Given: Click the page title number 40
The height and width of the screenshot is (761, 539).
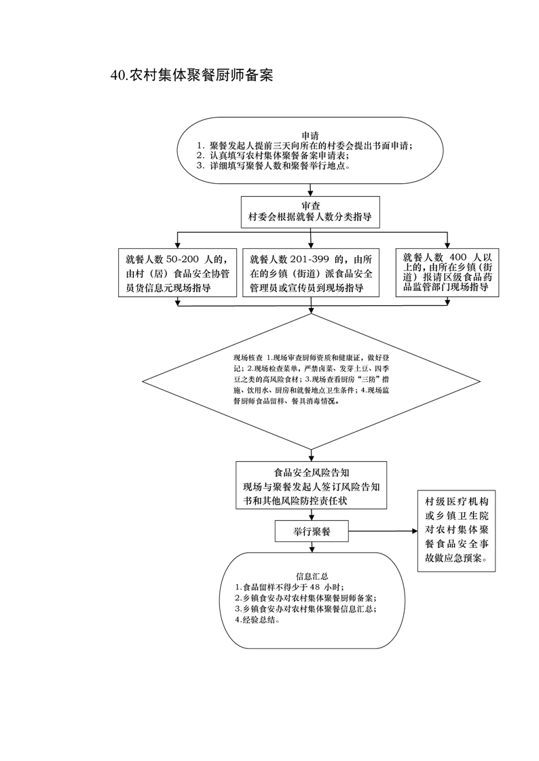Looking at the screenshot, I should coord(117,75).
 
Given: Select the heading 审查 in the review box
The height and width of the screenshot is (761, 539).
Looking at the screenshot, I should coord(311,206).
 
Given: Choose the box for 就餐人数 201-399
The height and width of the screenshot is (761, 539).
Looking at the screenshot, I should coord(311,273).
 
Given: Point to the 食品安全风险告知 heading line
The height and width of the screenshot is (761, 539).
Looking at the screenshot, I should coord(312,473).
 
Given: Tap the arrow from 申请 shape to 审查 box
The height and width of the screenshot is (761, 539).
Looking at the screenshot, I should coord(311,189).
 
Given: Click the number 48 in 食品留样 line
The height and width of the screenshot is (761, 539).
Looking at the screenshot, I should coord(314,587).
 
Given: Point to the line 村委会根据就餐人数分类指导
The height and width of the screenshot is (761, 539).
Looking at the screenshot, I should coord(311,218).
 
